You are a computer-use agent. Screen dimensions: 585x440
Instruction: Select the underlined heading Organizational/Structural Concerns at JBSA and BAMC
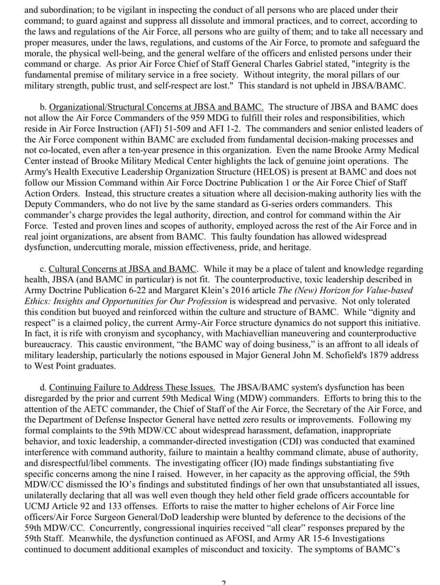[156, 107]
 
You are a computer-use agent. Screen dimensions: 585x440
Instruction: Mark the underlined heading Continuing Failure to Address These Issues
[132, 388]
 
